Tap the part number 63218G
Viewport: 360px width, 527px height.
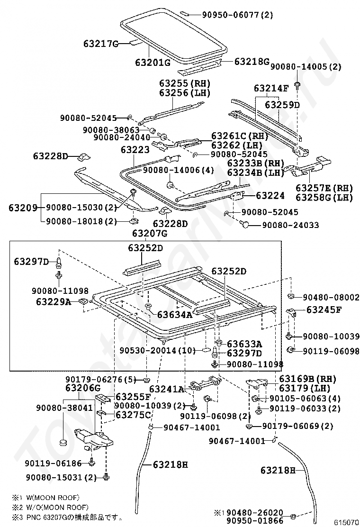coord(252,62)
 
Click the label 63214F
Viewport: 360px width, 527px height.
coord(271,88)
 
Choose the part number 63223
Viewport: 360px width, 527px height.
coord(135,150)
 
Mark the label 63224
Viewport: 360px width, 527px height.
coord(270,195)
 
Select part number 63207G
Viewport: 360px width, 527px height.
coord(150,233)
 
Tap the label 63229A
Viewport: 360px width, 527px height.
coord(53,301)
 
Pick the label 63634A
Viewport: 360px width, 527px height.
coord(174,314)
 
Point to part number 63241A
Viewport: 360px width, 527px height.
coord(167,389)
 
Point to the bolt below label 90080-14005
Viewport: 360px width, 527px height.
coord(297,85)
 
